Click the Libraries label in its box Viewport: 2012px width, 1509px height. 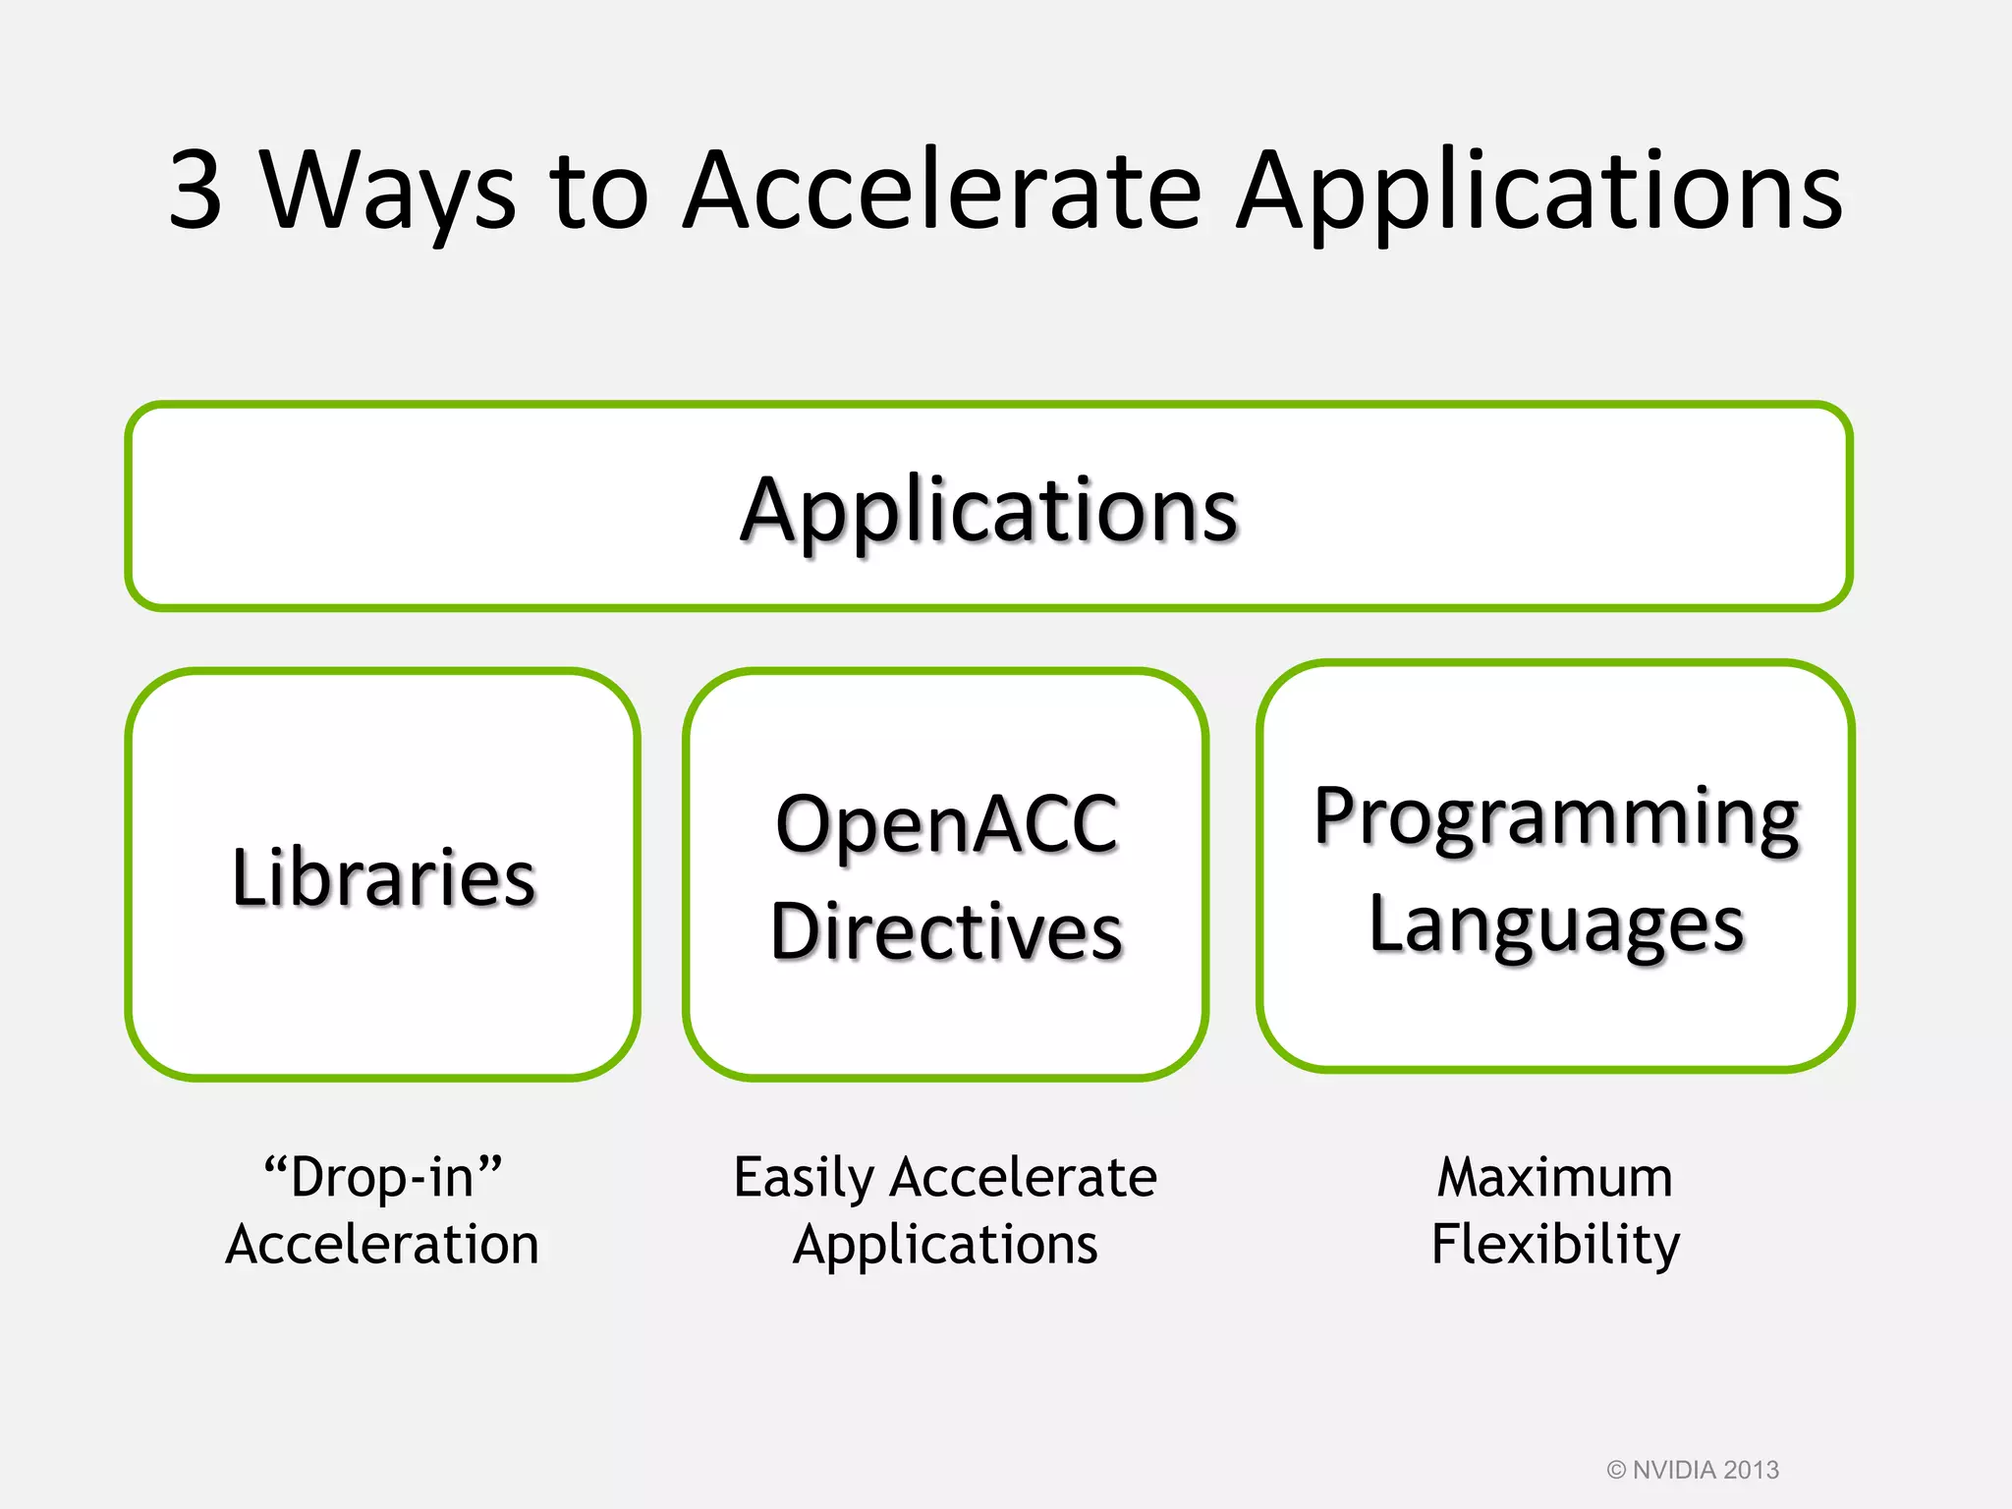383,876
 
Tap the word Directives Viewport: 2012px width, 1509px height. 946,930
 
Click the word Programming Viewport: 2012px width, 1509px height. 1556,817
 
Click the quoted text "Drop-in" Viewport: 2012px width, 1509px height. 383,1176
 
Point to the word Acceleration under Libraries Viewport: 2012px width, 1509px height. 383,1244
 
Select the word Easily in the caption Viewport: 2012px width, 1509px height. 804,1177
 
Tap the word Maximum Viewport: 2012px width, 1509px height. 1555,1177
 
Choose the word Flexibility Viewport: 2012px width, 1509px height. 1555,1244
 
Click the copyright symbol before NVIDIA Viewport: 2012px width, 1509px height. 1616,1470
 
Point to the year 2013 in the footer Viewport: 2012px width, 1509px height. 1752,1470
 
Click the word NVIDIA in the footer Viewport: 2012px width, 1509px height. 1674,1470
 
